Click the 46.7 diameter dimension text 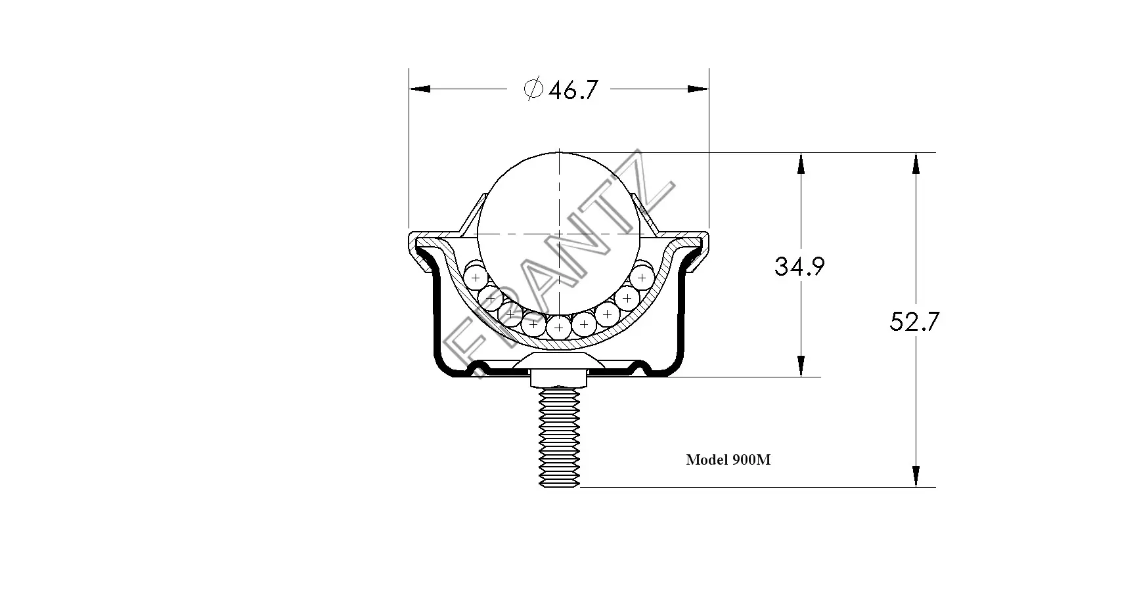point(573,90)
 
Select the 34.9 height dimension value point(799,267)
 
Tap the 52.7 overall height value point(914,322)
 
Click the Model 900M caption point(728,460)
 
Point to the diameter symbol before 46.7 point(533,89)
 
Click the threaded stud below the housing point(559,437)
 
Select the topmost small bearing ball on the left point(475,278)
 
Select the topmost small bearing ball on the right point(642,278)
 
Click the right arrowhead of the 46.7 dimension point(698,89)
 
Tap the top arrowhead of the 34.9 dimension point(801,163)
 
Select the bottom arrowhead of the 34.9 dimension point(801,366)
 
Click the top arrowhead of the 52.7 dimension point(916,163)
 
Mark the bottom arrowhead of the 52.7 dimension point(916,477)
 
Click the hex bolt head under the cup point(559,379)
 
